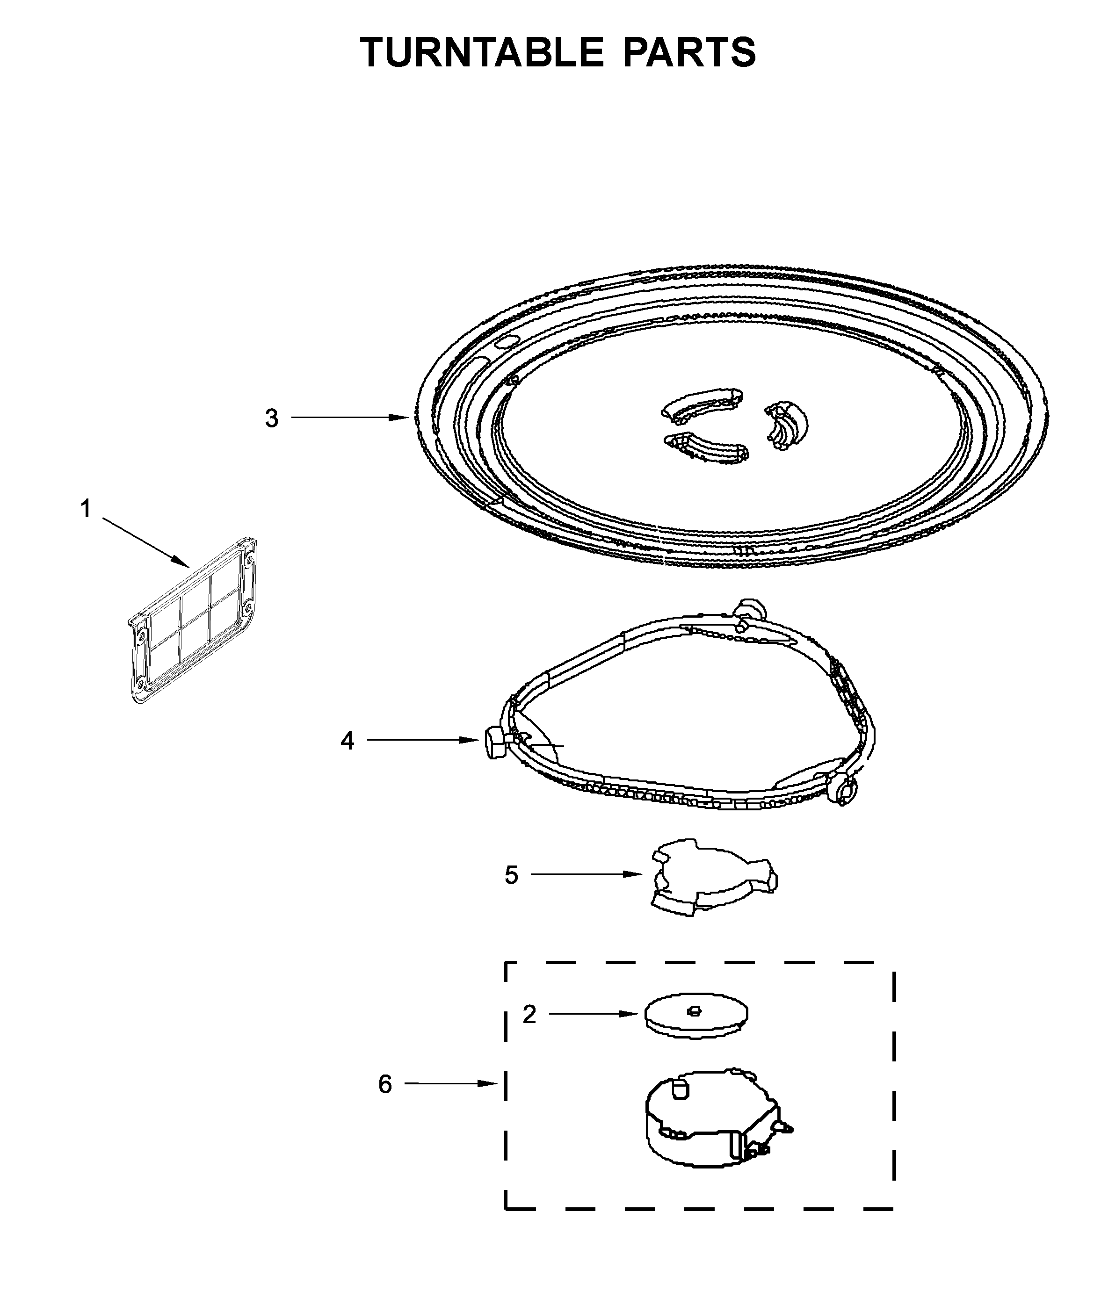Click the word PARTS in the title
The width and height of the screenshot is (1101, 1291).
689,52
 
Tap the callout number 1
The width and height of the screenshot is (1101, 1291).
86,509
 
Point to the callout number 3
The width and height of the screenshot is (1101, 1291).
272,418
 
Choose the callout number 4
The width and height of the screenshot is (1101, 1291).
347,741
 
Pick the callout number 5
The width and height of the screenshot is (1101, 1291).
511,875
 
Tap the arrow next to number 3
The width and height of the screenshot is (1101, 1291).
349,418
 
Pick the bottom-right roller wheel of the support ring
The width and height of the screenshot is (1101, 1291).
844,793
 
